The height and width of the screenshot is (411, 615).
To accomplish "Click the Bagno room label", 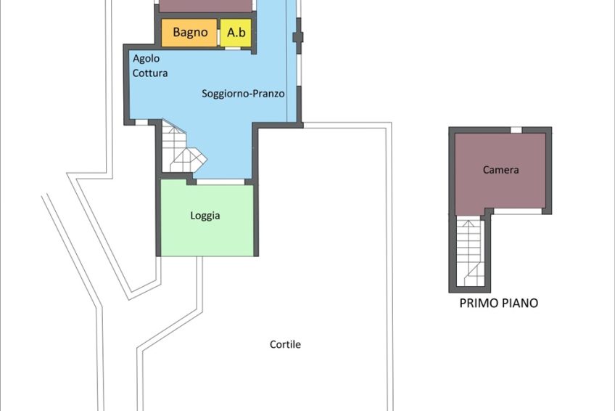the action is pyautogui.click(x=190, y=32).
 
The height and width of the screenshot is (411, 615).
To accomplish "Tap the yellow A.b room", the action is pyautogui.click(x=236, y=33).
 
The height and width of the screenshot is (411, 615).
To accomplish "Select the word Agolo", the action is pyautogui.click(x=146, y=59).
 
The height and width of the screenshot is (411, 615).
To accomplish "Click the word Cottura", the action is pyautogui.click(x=150, y=73).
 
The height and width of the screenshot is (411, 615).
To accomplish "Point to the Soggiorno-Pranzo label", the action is pyautogui.click(x=243, y=94).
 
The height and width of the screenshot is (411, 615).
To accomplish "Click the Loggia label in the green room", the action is pyautogui.click(x=205, y=216).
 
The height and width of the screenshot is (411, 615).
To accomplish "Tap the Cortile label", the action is pyautogui.click(x=286, y=344).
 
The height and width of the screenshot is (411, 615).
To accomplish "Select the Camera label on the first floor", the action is pyautogui.click(x=501, y=170).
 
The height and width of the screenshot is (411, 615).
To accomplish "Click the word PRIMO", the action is pyautogui.click(x=479, y=303).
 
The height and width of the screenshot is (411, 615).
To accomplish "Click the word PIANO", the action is pyautogui.click(x=520, y=303).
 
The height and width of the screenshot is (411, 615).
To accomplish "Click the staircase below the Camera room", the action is pyautogui.click(x=469, y=253).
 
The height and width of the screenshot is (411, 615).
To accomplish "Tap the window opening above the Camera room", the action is pyautogui.click(x=516, y=130).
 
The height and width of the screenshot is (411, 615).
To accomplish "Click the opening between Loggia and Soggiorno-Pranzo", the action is pyautogui.click(x=220, y=182).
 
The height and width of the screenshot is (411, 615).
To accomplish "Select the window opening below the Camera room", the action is pyautogui.click(x=518, y=211).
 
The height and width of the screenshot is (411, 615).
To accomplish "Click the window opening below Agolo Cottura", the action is pyautogui.click(x=141, y=123).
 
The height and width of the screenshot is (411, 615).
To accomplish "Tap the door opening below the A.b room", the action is pyautogui.click(x=233, y=48).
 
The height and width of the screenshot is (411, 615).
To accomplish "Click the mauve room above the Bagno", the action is pyautogui.click(x=205, y=6).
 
